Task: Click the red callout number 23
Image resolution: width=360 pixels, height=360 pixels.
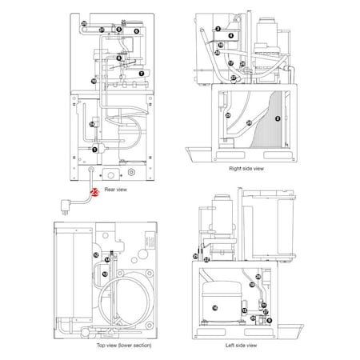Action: tap(94, 192)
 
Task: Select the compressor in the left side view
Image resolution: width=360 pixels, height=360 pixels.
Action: tap(215, 306)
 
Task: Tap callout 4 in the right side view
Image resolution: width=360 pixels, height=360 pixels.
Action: tap(231, 35)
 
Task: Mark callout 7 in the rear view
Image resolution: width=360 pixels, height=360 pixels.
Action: tap(142, 73)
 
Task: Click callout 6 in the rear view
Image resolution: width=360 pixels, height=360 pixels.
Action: tap(137, 30)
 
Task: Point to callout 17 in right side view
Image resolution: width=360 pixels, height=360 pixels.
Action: tap(230, 62)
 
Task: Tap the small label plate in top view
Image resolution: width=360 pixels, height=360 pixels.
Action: tap(147, 239)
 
